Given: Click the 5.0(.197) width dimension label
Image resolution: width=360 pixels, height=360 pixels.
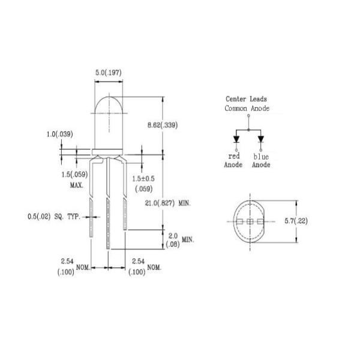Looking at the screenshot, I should click(x=108, y=73).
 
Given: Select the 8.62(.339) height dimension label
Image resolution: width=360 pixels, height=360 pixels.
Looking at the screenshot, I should click(x=163, y=125).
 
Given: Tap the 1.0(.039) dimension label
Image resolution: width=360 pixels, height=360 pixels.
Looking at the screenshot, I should click(x=61, y=134).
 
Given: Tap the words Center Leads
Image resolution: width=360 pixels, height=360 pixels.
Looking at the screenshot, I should click(x=247, y=99).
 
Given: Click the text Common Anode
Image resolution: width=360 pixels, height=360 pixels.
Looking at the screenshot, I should click(x=247, y=109).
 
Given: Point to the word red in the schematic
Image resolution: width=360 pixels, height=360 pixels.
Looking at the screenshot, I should click(x=233, y=156).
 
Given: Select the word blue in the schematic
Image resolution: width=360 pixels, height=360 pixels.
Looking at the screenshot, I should click(x=261, y=156).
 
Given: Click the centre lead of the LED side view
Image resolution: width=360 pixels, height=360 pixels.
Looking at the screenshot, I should click(x=108, y=204).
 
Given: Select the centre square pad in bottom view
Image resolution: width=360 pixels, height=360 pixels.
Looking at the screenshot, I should click(x=248, y=221).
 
